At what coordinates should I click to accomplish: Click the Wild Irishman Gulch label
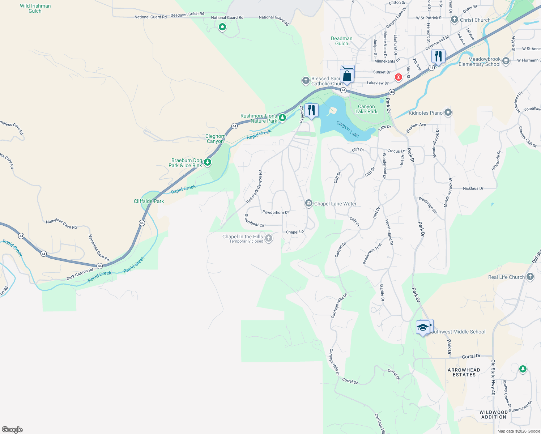[35, 8]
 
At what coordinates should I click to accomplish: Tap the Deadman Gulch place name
[341, 41]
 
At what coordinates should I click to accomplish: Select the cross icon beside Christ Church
[455, 20]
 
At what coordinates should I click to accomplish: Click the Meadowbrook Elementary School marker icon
[506, 61]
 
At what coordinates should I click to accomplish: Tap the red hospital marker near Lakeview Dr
[398, 77]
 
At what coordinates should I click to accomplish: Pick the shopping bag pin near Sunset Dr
[347, 75]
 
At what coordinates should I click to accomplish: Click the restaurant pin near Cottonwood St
[438, 57]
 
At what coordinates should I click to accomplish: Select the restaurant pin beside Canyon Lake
[311, 110]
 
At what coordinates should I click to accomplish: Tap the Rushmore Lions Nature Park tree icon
[282, 118]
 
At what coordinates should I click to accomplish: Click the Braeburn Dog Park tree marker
[207, 162]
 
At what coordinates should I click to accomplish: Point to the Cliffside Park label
[149, 201]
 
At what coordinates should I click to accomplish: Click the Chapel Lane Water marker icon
[308, 203]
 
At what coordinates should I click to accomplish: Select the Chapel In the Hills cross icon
[268, 238]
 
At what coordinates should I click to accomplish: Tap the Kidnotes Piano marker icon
[448, 112]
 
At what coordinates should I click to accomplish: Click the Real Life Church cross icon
[530, 277]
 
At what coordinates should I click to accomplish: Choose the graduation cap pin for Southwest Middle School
[422, 327]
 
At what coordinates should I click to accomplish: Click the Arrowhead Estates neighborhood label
[464, 372]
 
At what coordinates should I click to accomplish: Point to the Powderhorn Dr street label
[276, 212]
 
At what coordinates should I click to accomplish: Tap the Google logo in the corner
[12, 429]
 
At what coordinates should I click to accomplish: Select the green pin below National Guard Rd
[222, 27]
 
